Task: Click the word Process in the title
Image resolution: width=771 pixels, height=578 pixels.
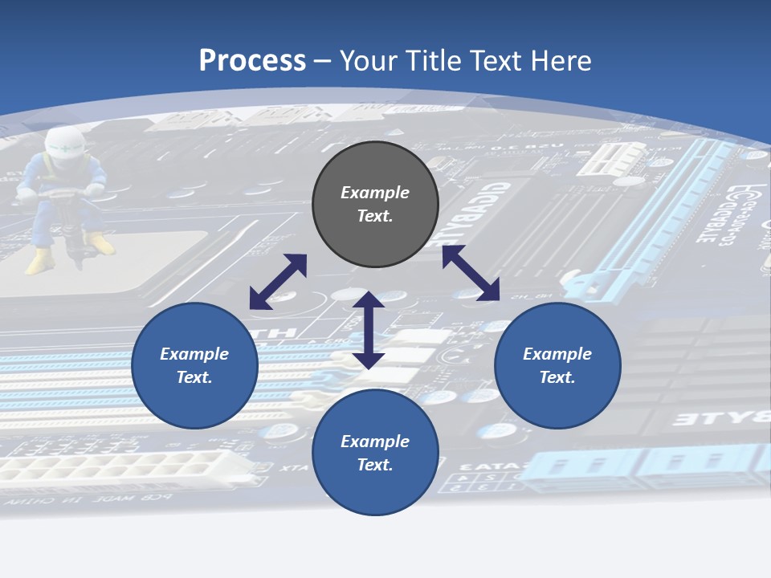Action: [252, 61]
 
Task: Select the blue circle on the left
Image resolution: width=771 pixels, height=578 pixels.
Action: [194, 365]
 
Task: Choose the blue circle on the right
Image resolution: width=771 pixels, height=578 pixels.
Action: [557, 365]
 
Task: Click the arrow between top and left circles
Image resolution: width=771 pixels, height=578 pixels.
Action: [278, 282]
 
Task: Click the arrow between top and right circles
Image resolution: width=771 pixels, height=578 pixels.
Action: [471, 273]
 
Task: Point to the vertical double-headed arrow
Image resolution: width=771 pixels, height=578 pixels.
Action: [369, 330]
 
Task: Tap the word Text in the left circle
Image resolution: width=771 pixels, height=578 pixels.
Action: [194, 377]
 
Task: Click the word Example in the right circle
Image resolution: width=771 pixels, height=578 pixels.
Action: [557, 354]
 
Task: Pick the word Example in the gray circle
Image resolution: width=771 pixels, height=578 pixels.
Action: [375, 193]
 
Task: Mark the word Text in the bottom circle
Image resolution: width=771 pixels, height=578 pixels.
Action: [375, 465]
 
